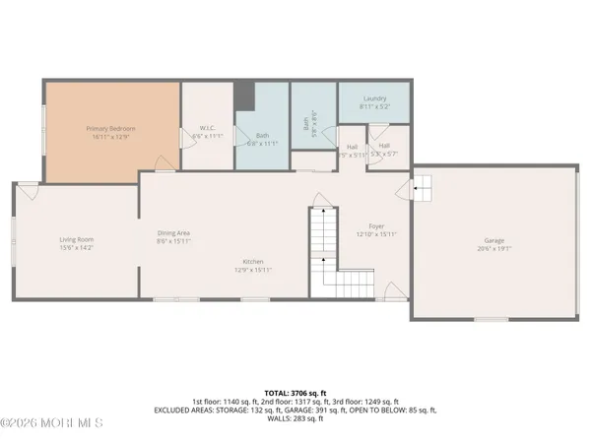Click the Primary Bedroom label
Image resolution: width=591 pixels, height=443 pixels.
click(110, 129)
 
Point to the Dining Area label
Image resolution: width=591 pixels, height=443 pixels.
click(173, 232)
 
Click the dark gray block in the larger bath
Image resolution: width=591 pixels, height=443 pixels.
click(245, 97)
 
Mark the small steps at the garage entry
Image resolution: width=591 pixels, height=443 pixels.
click(421, 184)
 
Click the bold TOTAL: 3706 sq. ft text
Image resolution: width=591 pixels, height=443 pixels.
click(295, 393)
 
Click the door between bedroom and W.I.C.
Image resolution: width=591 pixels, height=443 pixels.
click(180, 140)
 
